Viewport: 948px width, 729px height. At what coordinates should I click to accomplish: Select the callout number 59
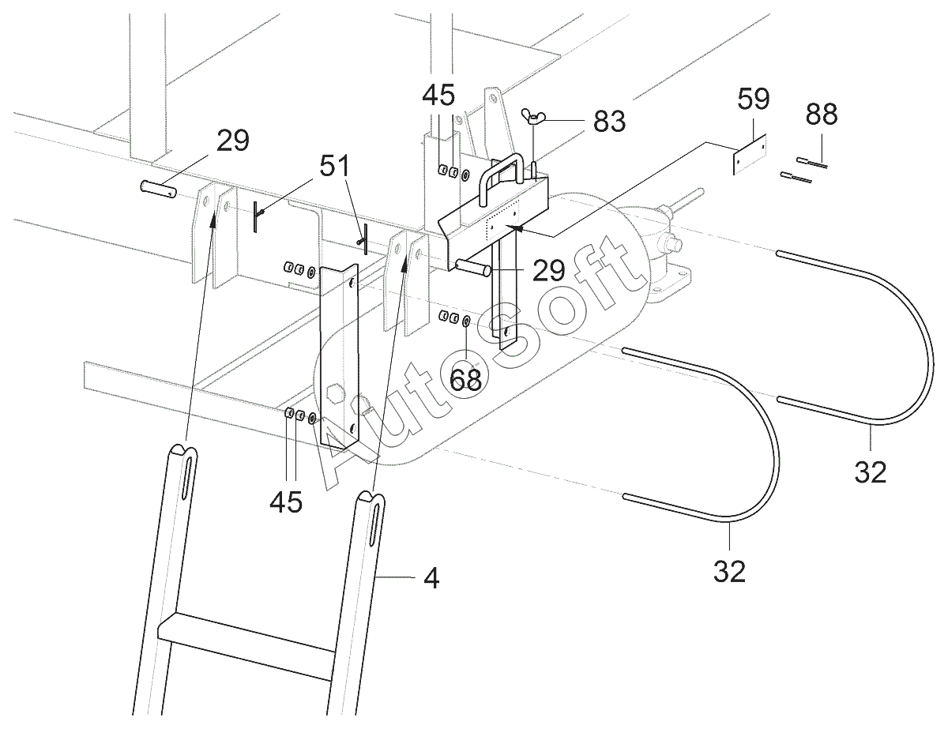(753, 99)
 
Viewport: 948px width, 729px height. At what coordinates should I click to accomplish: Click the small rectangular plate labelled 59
(750, 154)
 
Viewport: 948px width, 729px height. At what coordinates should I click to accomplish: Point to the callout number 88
(821, 115)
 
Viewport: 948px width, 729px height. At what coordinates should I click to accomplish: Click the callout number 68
(465, 379)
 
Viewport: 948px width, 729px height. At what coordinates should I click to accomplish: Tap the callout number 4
(431, 578)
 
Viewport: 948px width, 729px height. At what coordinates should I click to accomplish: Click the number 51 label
(335, 166)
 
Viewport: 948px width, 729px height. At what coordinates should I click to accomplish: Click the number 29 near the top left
(233, 141)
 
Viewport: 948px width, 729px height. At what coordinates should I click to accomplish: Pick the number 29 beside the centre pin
(549, 270)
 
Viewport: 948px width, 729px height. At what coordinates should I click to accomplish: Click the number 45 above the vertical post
(438, 95)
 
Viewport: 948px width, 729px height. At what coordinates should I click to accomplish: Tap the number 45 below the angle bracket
(286, 502)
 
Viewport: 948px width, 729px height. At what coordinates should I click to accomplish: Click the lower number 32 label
(729, 571)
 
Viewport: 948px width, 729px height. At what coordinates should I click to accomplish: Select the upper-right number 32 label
(871, 472)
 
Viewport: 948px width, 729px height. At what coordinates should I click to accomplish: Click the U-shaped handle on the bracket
(501, 178)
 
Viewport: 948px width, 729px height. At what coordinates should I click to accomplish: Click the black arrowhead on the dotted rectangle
(515, 227)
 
